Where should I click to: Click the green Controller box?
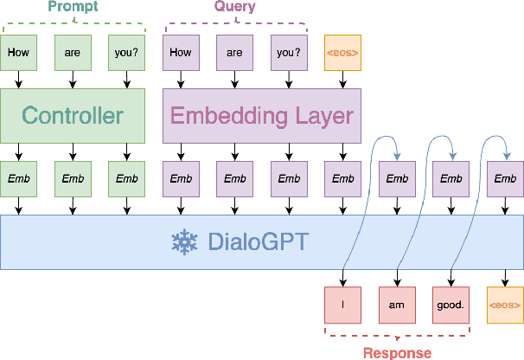(73, 116)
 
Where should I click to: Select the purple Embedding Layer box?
(262, 116)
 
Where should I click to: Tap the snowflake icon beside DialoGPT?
(183, 241)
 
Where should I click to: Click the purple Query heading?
(234, 8)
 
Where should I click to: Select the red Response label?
(397, 352)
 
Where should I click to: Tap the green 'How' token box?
(18, 52)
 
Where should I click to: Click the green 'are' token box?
(73, 52)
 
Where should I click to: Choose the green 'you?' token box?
(126, 52)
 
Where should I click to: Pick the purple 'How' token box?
(181, 52)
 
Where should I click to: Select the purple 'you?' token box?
(289, 52)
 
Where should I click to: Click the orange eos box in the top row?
(342, 52)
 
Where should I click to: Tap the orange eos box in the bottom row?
(505, 305)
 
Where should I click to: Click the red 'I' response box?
(342, 305)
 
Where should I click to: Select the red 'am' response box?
(397, 305)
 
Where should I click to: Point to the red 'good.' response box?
(451, 305)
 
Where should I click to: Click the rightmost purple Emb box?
(505, 179)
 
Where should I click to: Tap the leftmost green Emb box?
(18, 179)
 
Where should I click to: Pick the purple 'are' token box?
(234, 52)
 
